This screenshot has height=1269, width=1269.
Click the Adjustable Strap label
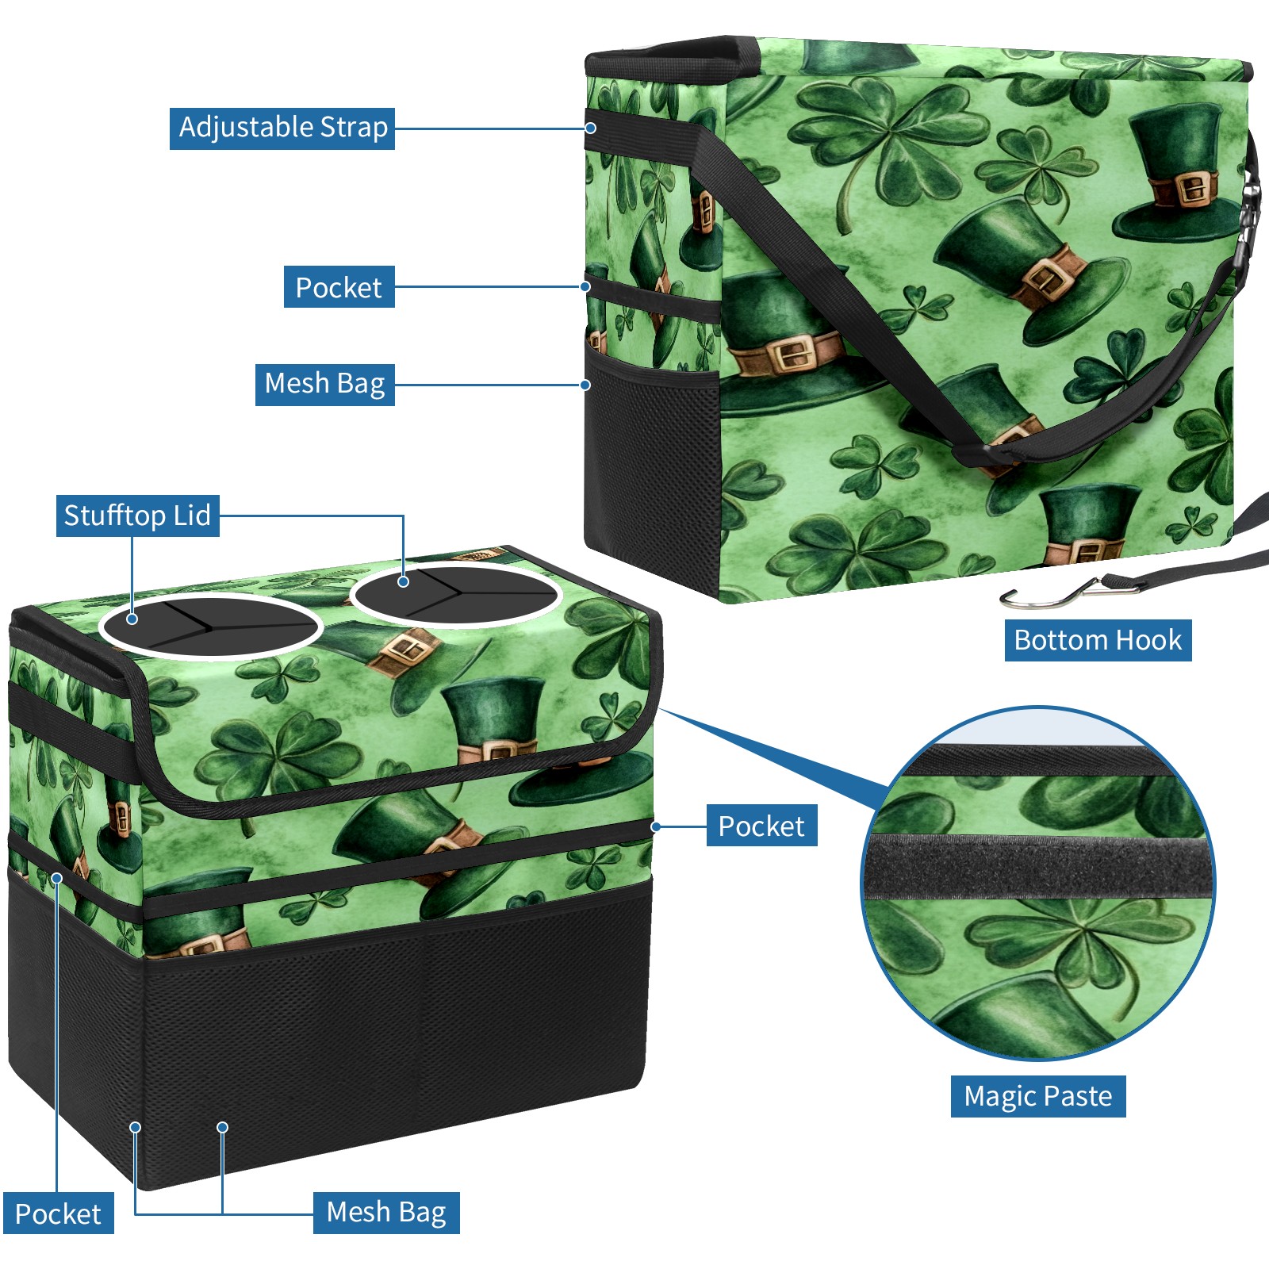point(282,128)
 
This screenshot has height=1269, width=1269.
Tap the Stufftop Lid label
point(137,516)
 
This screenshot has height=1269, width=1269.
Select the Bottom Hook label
point(1098,640)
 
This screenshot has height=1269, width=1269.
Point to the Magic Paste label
point(1038,1096)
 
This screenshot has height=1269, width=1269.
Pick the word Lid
point(191,516)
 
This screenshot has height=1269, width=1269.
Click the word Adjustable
point(246,128)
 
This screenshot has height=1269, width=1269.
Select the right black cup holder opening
point(456,595)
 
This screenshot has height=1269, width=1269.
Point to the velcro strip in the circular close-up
point(1038,867)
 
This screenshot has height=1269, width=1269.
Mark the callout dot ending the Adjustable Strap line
point(591,128)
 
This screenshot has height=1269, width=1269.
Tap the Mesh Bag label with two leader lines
point(386,1213)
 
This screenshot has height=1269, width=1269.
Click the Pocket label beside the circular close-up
point(761,826)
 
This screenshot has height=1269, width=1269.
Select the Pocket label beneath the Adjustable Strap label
point(339,287)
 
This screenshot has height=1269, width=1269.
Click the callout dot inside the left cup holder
point(132,619)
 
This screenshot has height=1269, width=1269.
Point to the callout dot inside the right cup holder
point(403,582)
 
